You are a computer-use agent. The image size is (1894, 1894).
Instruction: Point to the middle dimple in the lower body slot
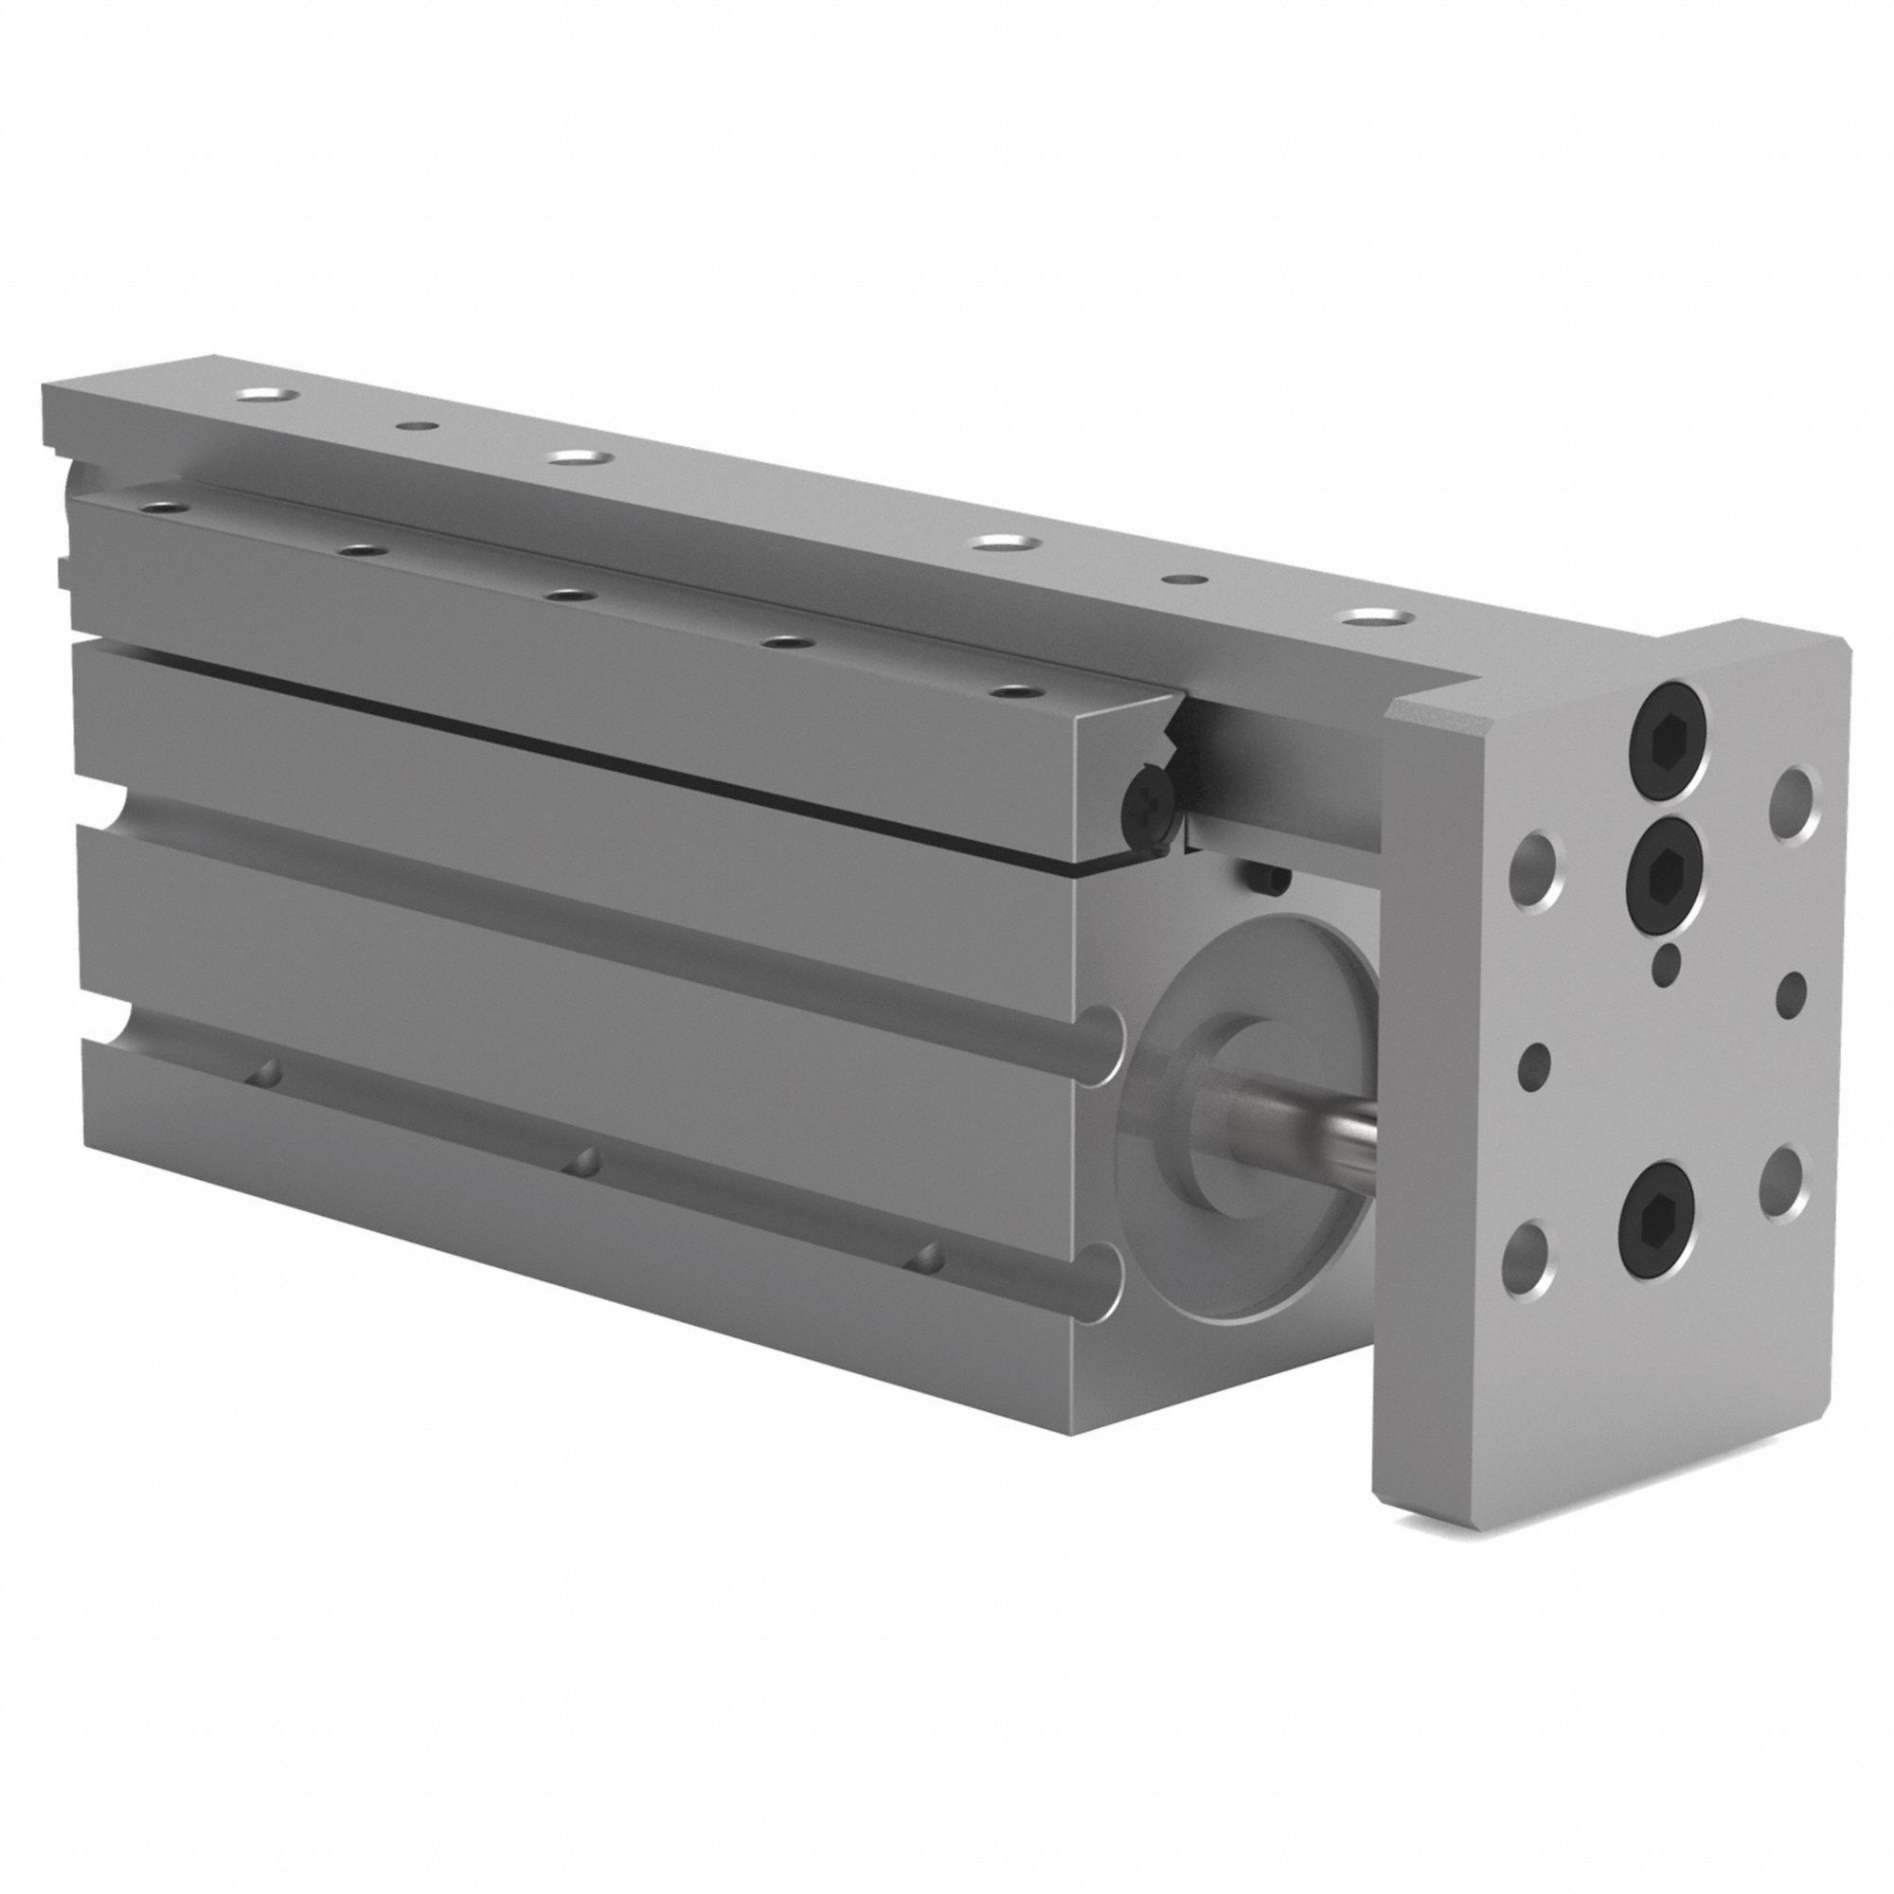click(x=586, y=1161)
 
